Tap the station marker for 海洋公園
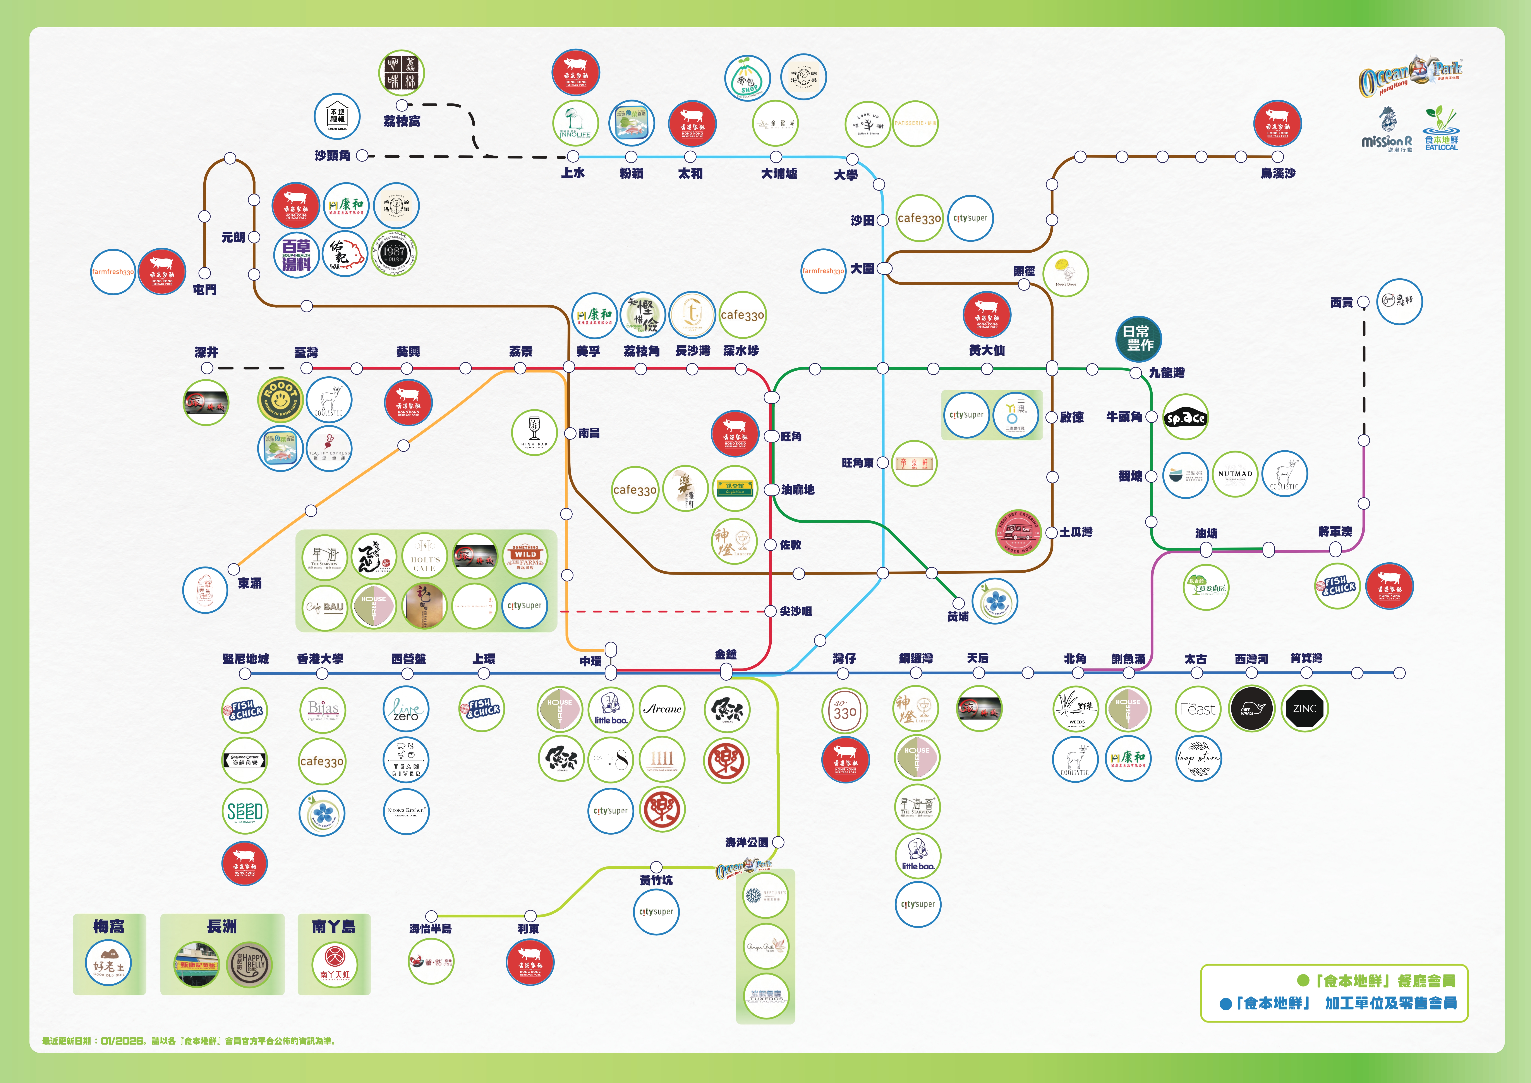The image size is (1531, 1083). pos(778,842)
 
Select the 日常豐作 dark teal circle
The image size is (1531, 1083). pos(1138,338)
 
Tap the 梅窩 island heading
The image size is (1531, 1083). pos(109,926)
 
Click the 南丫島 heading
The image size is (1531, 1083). pos(333,926)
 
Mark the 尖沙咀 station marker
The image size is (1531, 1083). pos(771,611)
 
